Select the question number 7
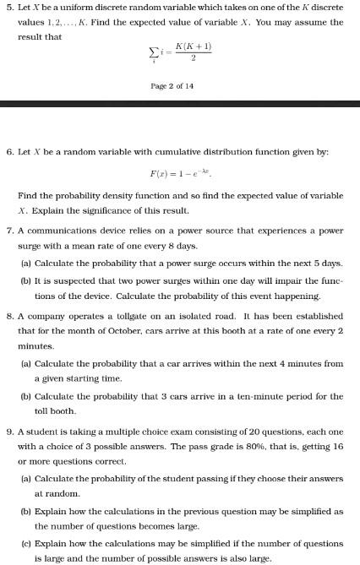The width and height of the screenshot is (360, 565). [8, 230]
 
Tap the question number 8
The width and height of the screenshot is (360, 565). [8, 315]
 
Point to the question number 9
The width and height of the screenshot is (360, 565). [8, 432]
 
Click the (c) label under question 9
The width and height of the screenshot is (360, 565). [25, 543]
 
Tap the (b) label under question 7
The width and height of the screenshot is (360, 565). [25, 281]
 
